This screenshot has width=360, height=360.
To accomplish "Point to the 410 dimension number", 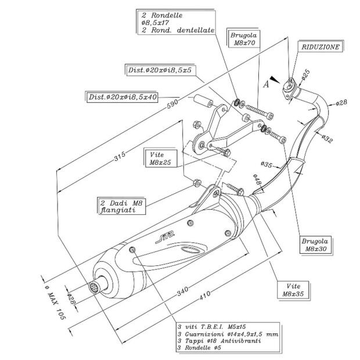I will coord(205,296).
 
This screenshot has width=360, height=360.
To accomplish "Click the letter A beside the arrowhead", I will coord(266,85).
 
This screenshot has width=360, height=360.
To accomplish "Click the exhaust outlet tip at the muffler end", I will coord(92,287).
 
